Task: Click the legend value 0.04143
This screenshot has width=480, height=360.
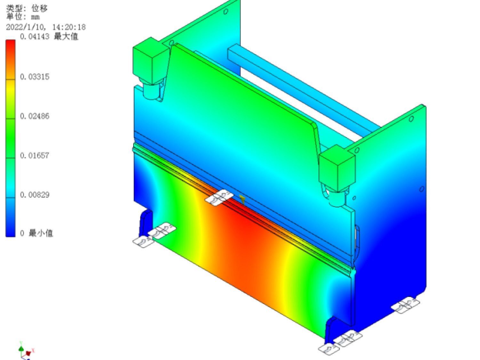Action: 35,36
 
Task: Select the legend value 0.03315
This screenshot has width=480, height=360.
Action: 35,77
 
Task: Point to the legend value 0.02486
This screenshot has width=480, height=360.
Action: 35,116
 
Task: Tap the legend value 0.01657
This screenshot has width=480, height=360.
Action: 35,156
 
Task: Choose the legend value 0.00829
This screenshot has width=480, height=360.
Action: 35,195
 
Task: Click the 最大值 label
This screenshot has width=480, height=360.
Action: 66,36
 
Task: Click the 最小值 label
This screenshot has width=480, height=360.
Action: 41,233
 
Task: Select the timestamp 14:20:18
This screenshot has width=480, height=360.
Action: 69,27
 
